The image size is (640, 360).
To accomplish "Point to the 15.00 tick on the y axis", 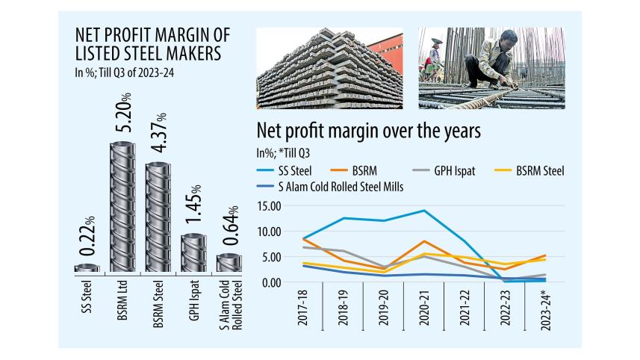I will (x=267, y=205).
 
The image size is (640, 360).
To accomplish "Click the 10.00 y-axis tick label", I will (x=267, y=231).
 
